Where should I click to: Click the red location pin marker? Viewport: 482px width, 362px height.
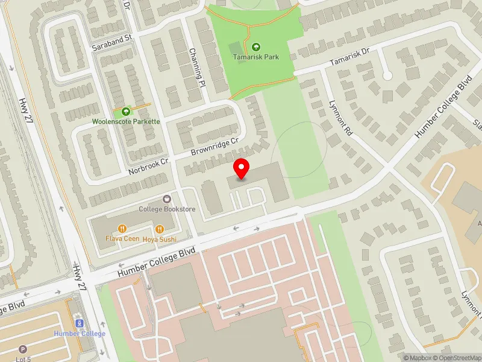[x=242, y=169]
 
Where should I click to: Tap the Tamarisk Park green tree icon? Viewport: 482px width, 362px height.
[x=255, y=46]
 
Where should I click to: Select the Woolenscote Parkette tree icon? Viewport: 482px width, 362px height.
[x=126, y=111]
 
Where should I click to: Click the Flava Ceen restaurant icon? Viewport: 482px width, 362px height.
[x=122, y=229]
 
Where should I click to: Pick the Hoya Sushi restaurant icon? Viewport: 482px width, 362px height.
[x=160, y=229]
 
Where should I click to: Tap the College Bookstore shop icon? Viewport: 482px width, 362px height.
[x=167, y=199]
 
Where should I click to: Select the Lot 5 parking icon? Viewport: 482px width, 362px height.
[x=23, y=349]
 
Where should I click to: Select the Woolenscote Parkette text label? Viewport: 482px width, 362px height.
[x=126, y=121]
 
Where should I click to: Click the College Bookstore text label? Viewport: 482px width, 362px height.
[x=167, y=209]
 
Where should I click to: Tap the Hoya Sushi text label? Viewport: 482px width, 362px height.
[x=160, y=239]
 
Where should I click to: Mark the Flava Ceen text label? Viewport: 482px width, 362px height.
[x=122, y=239]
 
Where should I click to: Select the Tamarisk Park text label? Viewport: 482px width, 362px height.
[x=255, y=57]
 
